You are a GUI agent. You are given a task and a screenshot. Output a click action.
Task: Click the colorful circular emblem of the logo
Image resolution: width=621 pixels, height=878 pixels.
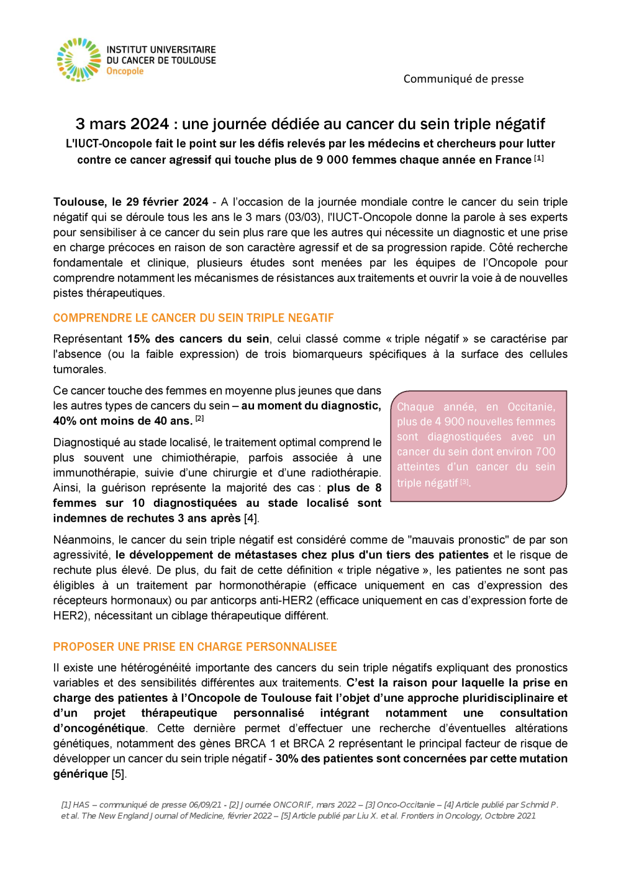point(78,60)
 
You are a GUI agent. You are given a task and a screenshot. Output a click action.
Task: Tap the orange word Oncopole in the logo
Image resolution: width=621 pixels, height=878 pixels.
point(125,71)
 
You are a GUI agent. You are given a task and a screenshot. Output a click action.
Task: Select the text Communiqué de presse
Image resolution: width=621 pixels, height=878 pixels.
point(463,79)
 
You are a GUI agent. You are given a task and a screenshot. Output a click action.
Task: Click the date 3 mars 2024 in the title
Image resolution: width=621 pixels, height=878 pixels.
point(122,124)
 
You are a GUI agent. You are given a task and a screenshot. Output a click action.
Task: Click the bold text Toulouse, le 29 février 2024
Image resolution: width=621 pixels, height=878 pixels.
point(130,202)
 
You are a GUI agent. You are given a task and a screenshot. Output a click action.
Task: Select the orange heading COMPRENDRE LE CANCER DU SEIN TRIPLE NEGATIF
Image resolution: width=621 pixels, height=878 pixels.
point(193,318)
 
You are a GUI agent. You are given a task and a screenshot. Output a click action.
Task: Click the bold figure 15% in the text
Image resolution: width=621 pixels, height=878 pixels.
point(138,339)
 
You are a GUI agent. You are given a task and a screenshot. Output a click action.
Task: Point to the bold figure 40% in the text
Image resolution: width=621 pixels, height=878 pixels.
point(65,421)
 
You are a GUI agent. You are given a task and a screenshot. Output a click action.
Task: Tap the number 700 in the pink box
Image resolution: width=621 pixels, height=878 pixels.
point(545,452)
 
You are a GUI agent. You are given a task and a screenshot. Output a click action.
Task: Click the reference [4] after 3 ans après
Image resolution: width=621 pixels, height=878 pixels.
point(251,519)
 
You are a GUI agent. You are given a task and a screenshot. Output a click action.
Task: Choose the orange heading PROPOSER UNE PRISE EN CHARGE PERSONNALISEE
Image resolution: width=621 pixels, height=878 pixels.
point(195,647)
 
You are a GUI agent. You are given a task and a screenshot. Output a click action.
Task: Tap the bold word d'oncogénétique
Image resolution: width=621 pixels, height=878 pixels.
point(99,728)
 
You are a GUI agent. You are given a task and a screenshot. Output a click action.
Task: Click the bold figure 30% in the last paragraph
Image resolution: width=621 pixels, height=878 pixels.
point(287,759)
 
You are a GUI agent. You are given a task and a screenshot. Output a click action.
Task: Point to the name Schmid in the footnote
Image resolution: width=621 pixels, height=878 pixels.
point(534,805)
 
